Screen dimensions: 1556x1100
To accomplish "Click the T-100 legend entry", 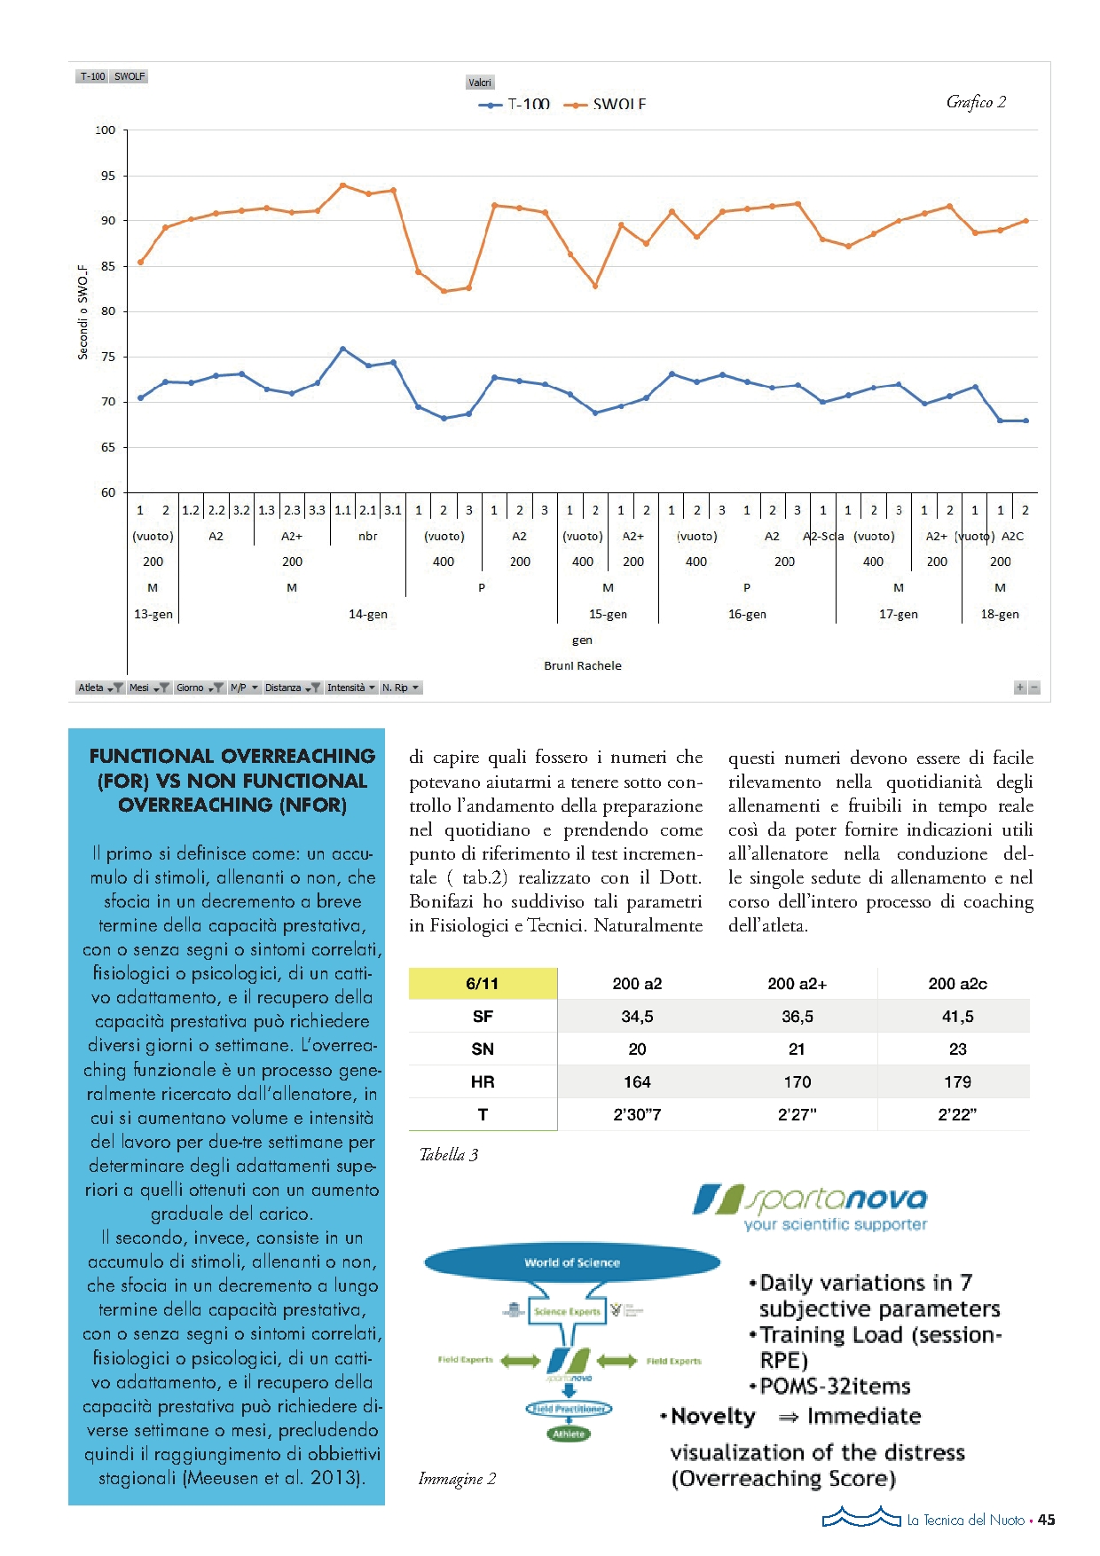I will click(515, 105).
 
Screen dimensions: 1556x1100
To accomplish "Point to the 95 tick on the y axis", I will click(107, 176).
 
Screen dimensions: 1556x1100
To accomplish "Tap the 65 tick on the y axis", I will click(107, 447).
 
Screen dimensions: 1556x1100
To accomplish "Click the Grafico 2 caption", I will click(976, 102).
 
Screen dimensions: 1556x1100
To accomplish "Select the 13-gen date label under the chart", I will click(153, 614).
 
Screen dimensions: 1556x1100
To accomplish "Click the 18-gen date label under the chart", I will click(1000, 614).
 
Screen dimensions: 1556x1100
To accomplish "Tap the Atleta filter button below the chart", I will click(98, 688).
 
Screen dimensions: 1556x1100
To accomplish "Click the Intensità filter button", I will click(350, 688).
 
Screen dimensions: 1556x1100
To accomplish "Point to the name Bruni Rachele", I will click(583, 665).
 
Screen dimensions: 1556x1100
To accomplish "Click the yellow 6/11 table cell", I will click(483, 983).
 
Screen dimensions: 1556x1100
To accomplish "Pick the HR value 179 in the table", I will click(957, 1081).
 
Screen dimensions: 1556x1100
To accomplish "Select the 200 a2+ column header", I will click(797, 983).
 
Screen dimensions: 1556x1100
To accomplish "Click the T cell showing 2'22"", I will click(957, 1114).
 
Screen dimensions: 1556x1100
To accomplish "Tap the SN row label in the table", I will click(483, 1049).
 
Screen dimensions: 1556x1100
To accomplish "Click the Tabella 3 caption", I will click(449, 1154).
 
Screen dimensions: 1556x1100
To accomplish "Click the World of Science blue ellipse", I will click(572, 1262).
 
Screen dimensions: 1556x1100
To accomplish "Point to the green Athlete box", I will click(569, 1433).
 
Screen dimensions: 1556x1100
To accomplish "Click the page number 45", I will click(1047, 1520).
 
